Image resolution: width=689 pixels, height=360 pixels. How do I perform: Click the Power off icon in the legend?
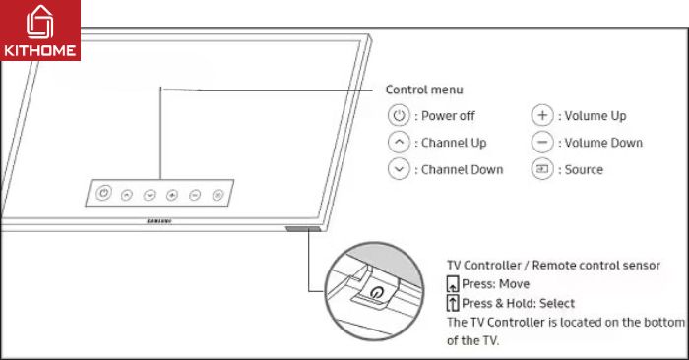pos(398,115)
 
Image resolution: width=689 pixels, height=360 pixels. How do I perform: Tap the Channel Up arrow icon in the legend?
pos(398,142)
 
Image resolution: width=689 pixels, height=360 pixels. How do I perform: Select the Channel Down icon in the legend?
pos(398,169)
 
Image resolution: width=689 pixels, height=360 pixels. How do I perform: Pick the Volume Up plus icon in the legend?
pos(542,115)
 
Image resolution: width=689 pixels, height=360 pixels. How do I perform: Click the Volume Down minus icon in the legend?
pos(542,142)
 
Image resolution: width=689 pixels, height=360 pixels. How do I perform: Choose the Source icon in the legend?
pos(542,169)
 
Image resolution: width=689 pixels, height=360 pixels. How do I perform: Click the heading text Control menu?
pos(424,90)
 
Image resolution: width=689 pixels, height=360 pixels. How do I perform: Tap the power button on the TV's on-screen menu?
pos(104,193)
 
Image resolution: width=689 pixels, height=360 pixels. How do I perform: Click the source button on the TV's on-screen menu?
pos(218,196)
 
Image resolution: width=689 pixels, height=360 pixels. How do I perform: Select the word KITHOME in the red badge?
pos(40,47)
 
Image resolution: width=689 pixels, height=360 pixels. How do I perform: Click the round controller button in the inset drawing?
pos(377,292)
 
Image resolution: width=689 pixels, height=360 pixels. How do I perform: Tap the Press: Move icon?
pos(453,284)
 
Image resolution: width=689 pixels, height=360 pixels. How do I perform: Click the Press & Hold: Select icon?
pos(453,303)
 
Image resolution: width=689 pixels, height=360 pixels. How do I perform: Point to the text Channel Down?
pos(462,169)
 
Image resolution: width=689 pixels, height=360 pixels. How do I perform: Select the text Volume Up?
pos(595,115)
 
